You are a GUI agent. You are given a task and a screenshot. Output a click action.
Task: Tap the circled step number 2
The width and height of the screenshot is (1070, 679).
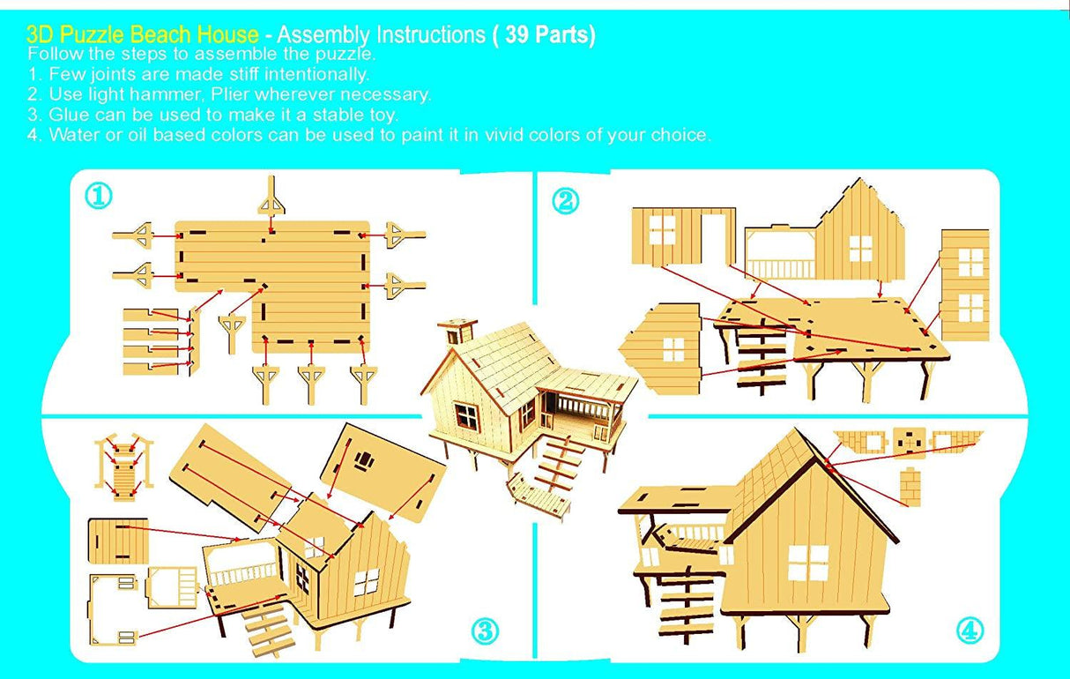(x=565, y=201)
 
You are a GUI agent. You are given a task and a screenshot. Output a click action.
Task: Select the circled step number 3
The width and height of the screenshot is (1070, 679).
(x=484, y=631)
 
